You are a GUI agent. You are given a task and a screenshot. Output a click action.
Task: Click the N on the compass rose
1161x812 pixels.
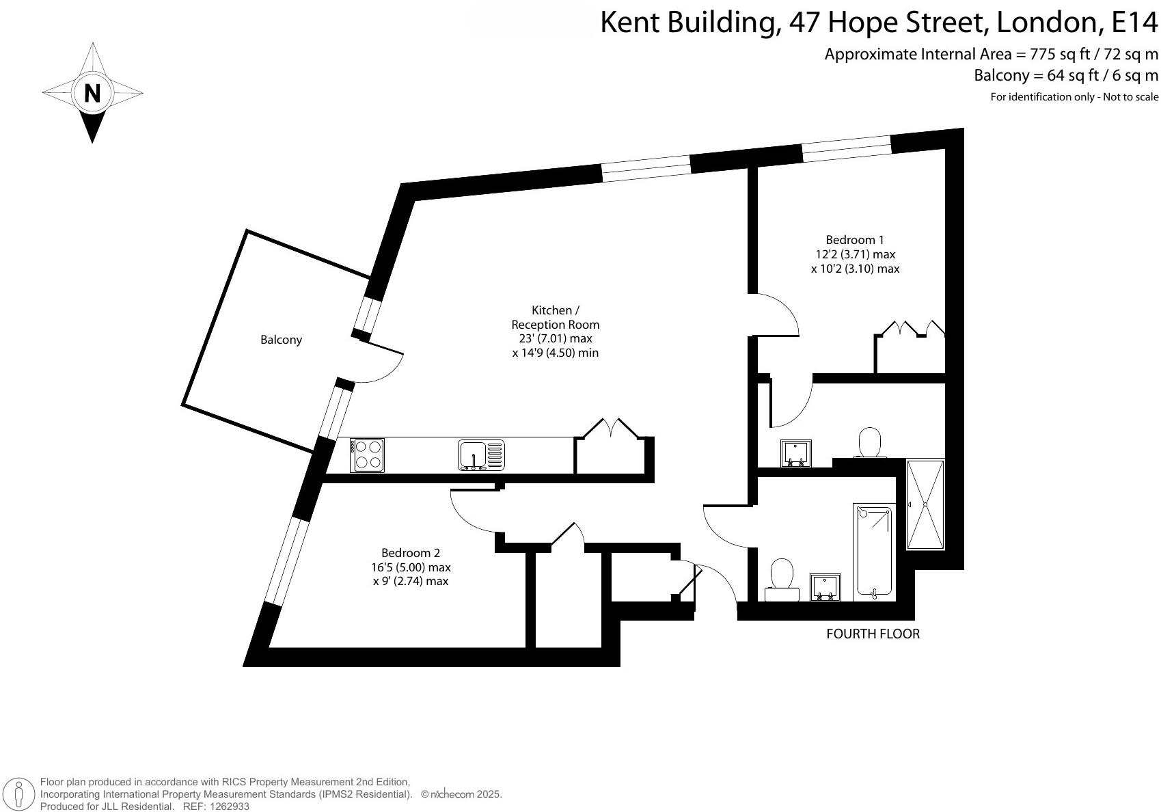92,92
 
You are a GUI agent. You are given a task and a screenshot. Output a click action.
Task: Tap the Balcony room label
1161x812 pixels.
281,340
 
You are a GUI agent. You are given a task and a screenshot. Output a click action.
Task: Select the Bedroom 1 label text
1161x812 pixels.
855,240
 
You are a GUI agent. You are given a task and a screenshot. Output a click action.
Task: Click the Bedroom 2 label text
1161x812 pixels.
410,553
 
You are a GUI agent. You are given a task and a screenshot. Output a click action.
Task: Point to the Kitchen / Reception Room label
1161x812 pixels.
555,317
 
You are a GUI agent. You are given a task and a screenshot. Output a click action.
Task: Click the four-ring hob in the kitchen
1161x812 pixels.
367,455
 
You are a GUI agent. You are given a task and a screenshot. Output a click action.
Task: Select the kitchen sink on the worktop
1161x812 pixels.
481,455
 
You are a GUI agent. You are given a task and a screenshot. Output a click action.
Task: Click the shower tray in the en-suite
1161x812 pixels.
925,504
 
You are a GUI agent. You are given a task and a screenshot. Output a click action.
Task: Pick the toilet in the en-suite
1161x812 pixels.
869,443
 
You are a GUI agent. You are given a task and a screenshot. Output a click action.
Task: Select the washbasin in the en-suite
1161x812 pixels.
796,453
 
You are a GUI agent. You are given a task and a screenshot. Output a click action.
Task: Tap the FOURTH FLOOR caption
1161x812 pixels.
873,634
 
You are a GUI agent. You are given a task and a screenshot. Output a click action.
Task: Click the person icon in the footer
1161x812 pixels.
21,795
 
